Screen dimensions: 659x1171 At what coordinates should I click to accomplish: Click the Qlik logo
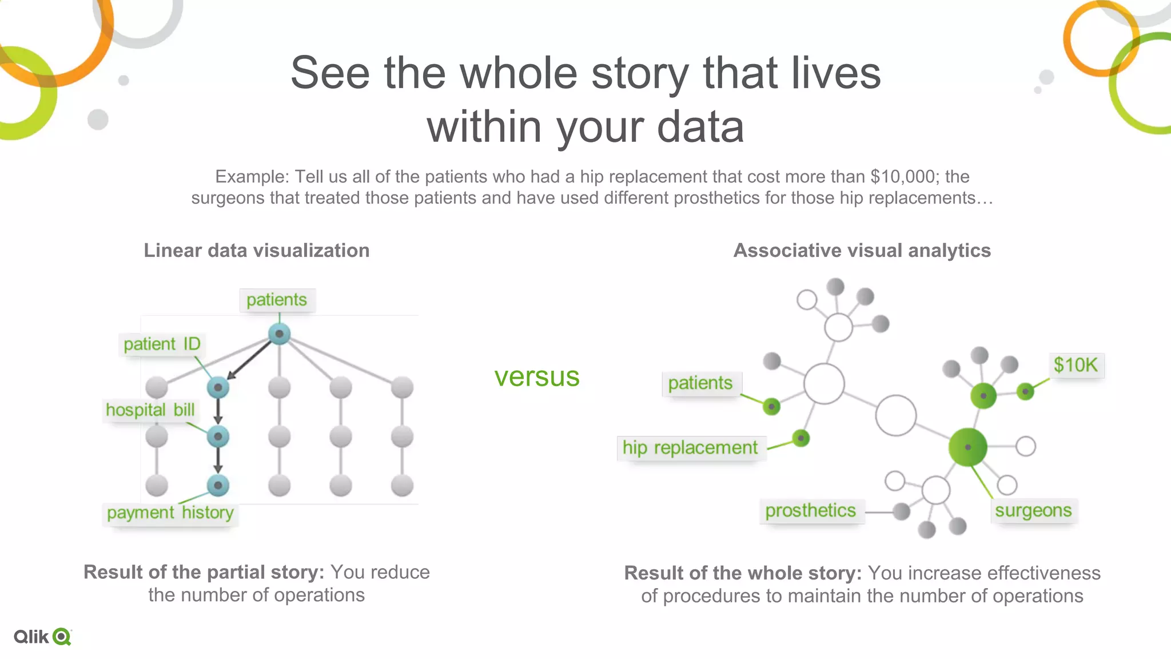coord(43,637)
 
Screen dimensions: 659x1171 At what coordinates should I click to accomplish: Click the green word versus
coord(537,377)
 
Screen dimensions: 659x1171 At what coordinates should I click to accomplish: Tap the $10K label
coord(1076,365)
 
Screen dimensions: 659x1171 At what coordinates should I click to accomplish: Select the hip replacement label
coord(690,447)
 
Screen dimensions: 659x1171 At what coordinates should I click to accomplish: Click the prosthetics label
coord(810,510)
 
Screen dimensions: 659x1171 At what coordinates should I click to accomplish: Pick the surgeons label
coord(1033,510)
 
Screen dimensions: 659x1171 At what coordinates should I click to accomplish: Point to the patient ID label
coord(162,344)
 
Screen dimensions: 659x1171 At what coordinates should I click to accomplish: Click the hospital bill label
coord(150,410)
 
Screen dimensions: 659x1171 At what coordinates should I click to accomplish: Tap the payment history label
coord(170,513)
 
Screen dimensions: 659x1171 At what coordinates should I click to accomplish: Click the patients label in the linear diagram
coord(277,300)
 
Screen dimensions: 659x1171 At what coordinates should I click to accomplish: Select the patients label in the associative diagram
coord(700,383)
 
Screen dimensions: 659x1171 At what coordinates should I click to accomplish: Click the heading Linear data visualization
coord(256,251)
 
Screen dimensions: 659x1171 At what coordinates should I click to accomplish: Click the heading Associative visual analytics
coord(862,251)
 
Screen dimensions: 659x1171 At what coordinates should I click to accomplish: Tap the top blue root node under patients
coord(279,334)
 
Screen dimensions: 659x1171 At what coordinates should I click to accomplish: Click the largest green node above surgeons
coord(967,447)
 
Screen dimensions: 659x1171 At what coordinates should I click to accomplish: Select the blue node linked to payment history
coord(218,486)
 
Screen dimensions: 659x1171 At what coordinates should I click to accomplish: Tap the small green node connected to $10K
coord(1025,392)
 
